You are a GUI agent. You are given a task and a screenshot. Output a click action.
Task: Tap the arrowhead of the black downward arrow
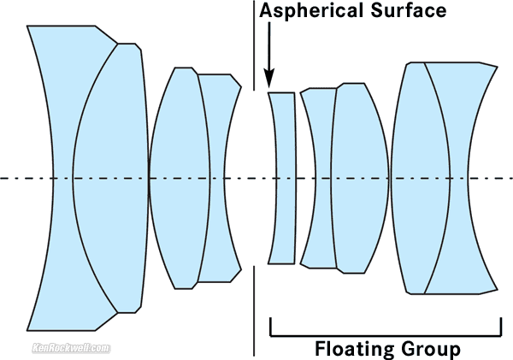(269, 78)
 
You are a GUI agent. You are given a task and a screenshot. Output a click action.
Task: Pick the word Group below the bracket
(429, 349)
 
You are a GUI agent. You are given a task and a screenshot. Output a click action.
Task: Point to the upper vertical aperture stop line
(254, 43)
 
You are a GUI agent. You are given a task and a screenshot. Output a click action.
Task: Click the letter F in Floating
(321, 349)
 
